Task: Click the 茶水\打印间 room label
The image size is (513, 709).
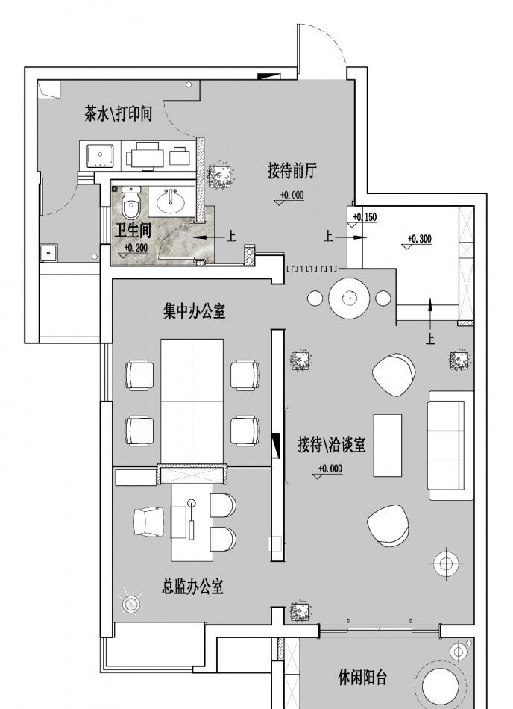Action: pyautogui.click(x=119, y=113)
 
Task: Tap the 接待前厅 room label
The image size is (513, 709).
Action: pyautogui.click(x=292, y=171)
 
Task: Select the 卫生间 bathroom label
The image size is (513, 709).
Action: pyautogui.click(x=133, y=231)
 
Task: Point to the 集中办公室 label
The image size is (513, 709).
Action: pyautogui.click(x=195, y=311)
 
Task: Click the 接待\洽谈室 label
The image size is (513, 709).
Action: pyautogui.click(x=332, y=444)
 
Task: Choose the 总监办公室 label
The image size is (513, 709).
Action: pyautogui.click(x=193, y=586)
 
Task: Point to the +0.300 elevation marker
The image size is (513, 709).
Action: pyautogui.click(x=419, y=240)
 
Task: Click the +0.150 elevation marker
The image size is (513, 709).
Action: pyautogui.click(x=365, y=217)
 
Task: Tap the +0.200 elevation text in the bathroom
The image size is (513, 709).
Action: pyautogui.click(x=136, y=247)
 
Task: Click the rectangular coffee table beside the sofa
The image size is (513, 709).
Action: pyautogui.click(x=388, y=445)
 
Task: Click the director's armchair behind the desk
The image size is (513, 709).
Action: pyautogui.click(x=148, y=522)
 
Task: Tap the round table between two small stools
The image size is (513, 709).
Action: pyautogui.click(x=349, y=299)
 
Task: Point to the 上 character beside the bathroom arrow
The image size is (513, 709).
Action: pyautogui.click(x=231, y=236)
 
